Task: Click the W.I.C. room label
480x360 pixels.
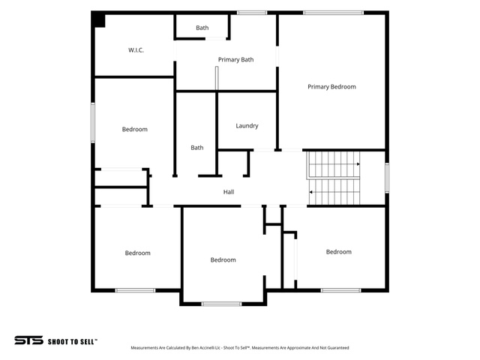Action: coord(136,50)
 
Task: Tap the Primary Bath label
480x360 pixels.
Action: coord(235,60)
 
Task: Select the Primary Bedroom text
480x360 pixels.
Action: coord(331,87)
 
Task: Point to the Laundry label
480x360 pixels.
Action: coord(247,126)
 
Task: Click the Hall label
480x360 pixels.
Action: coord(229,192)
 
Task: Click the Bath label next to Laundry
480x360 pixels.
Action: coord(196,148)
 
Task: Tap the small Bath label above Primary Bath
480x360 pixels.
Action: coord(202,28)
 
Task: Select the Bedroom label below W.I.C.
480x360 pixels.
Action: coord(135,130)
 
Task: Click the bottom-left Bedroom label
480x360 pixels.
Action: coord(137,253)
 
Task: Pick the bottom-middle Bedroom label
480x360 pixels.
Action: coord(223,260)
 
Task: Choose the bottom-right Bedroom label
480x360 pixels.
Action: coord(338,252)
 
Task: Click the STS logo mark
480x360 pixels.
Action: coord(28,340)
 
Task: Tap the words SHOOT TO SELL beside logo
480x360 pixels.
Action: coord(72,342)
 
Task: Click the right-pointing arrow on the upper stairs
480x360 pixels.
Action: coord(358,164)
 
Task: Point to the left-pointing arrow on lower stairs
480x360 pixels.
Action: coord(310,192)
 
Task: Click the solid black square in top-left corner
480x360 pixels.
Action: coord(99,20)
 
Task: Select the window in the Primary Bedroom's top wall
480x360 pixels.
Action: coord(333,13)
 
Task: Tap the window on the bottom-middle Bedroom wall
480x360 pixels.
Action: coord(221,304)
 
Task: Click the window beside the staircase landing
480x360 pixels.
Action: coord(387,178)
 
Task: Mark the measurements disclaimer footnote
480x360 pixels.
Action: coord(240,348)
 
